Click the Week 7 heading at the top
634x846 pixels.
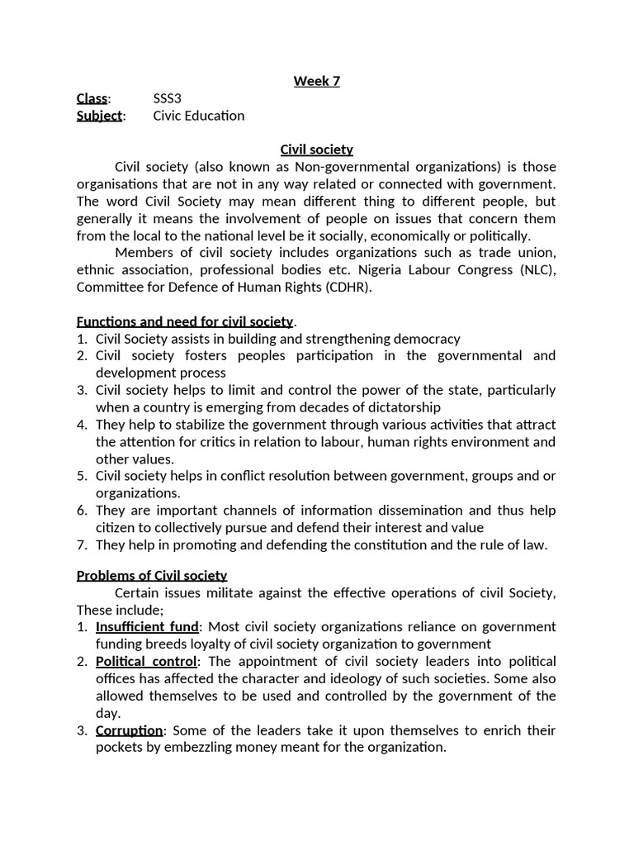pos(316,81)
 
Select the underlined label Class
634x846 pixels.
pos(92,98)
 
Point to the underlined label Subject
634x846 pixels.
pos(99,116)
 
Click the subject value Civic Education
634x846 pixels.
pos(199,116)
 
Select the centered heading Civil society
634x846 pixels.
pos(316,150)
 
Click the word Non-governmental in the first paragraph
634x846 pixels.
pos(347,167)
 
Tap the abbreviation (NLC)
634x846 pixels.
pos(537,270)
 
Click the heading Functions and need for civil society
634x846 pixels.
pos(185,321)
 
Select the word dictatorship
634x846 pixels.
pos(399,407)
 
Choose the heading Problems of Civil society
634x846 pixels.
pos(152,575)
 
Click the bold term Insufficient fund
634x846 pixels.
pos(148,627)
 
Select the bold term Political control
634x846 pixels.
pos(146,662)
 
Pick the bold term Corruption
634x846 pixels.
pos(130,730)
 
